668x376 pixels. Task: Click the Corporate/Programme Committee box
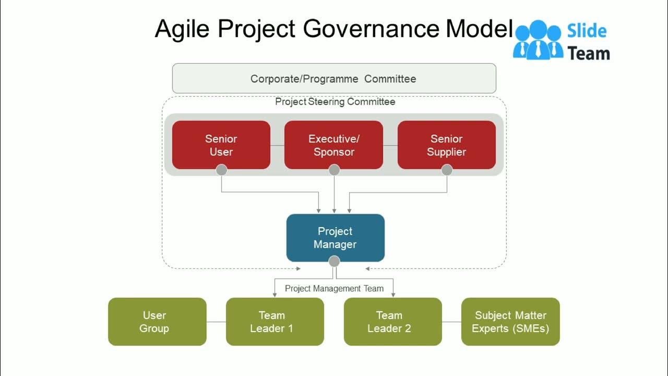(x=334, y=78)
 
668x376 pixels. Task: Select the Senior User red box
(x=221, y=145)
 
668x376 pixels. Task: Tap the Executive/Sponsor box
(x=333, y=145)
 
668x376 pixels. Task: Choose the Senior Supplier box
(x=447, y=145)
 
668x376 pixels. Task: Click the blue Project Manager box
(x=336, y=238)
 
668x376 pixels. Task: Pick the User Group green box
(x=157, y=322)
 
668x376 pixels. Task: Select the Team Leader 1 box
(x=275, y=322)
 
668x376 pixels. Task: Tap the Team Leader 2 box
(x=393, y=322)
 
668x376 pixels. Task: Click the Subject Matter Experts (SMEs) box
(x=510, y=322)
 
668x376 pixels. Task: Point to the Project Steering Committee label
(x=335, y=102)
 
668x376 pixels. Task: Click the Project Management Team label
(x=335, y=289)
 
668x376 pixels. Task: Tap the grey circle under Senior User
(x=221, y=170)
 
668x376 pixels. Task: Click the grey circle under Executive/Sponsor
(x=334, y=170)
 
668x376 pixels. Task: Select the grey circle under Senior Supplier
(x=447, y=170)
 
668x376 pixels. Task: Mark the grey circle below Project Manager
(x=334, y=261)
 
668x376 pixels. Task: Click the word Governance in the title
(x=371, y=29)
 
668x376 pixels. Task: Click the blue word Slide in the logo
(x=587, y=31)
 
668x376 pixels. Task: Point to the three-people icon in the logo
(x=538, y=40)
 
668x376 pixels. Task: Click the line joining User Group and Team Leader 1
(x=216, y=322)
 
